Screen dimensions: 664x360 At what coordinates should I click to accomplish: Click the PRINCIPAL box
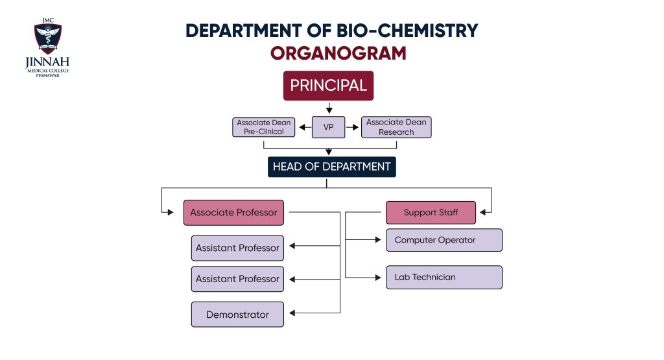click(x=328, y=86)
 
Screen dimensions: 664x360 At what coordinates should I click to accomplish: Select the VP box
click(x=328, y=127)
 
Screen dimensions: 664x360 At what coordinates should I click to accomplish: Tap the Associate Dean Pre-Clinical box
click(x=263, y=127)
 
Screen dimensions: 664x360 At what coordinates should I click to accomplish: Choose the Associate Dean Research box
click(x=396, y=127)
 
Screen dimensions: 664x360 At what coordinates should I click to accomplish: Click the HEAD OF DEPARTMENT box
click(x=331, y=167)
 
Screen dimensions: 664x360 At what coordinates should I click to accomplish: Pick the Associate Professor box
click(x=233, y=213)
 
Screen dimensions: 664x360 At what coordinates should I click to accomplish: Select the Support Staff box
click(x=431, y=213)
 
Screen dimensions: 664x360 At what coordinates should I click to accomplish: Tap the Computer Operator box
click(x=444, y=240)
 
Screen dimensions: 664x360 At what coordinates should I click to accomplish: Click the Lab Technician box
click(x=444, y=278)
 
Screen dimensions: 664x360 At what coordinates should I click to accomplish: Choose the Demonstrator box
click(x=237, y=314)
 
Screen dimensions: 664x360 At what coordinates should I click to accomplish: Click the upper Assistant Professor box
click(x=237, y=248)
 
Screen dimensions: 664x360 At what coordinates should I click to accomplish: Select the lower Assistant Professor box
click(x=237, y=279)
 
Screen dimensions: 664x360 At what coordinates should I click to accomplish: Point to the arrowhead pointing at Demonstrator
click(x=292, y=313)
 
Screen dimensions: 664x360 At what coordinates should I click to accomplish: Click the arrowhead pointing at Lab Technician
click(x=378, y=278)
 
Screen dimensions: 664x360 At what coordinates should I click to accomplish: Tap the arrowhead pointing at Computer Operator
click(x=378, y=240)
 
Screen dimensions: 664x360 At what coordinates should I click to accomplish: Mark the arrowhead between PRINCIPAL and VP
click(x=329, y=110)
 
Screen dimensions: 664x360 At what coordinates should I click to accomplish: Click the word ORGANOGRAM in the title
click(x=338, y=53)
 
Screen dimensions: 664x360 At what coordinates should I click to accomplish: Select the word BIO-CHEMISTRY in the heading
click(x=407, y=30)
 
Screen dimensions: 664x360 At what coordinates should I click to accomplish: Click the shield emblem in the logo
click(x=48, y=38)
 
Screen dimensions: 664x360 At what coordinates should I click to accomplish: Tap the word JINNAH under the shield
click(x=47, y=62)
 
